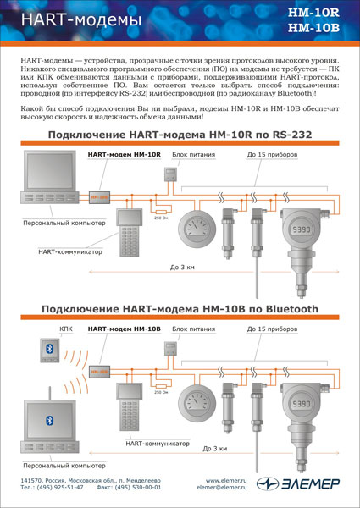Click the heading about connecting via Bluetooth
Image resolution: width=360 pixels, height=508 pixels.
tap(180, 309)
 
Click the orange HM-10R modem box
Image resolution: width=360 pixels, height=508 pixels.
tap(100, 196)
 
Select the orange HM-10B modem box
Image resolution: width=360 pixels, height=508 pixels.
tap(100, 371)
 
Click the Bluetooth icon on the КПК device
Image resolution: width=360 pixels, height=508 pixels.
tap(49, 348)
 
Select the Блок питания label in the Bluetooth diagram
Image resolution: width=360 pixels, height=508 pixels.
tap(188, 328)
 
